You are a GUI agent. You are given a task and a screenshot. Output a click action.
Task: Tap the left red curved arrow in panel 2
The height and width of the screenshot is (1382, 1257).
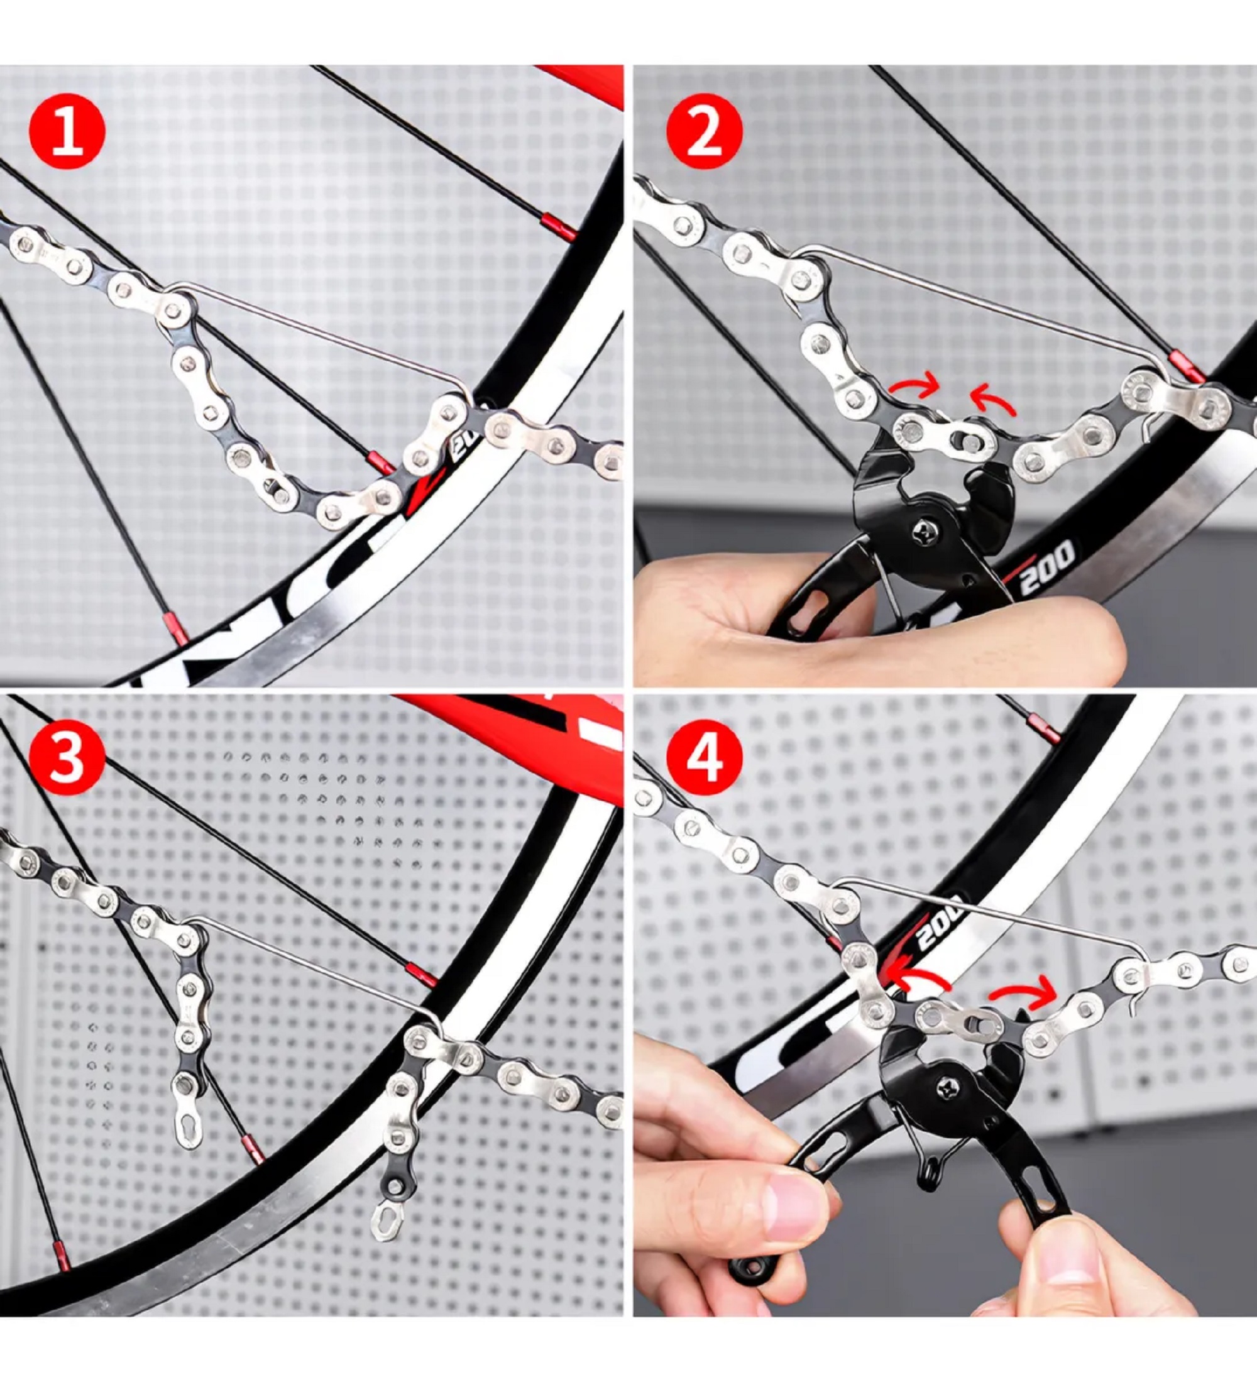tap(914, 386)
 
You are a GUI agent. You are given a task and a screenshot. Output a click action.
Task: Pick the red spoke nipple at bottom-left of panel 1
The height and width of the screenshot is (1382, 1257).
tap(175, 629)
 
